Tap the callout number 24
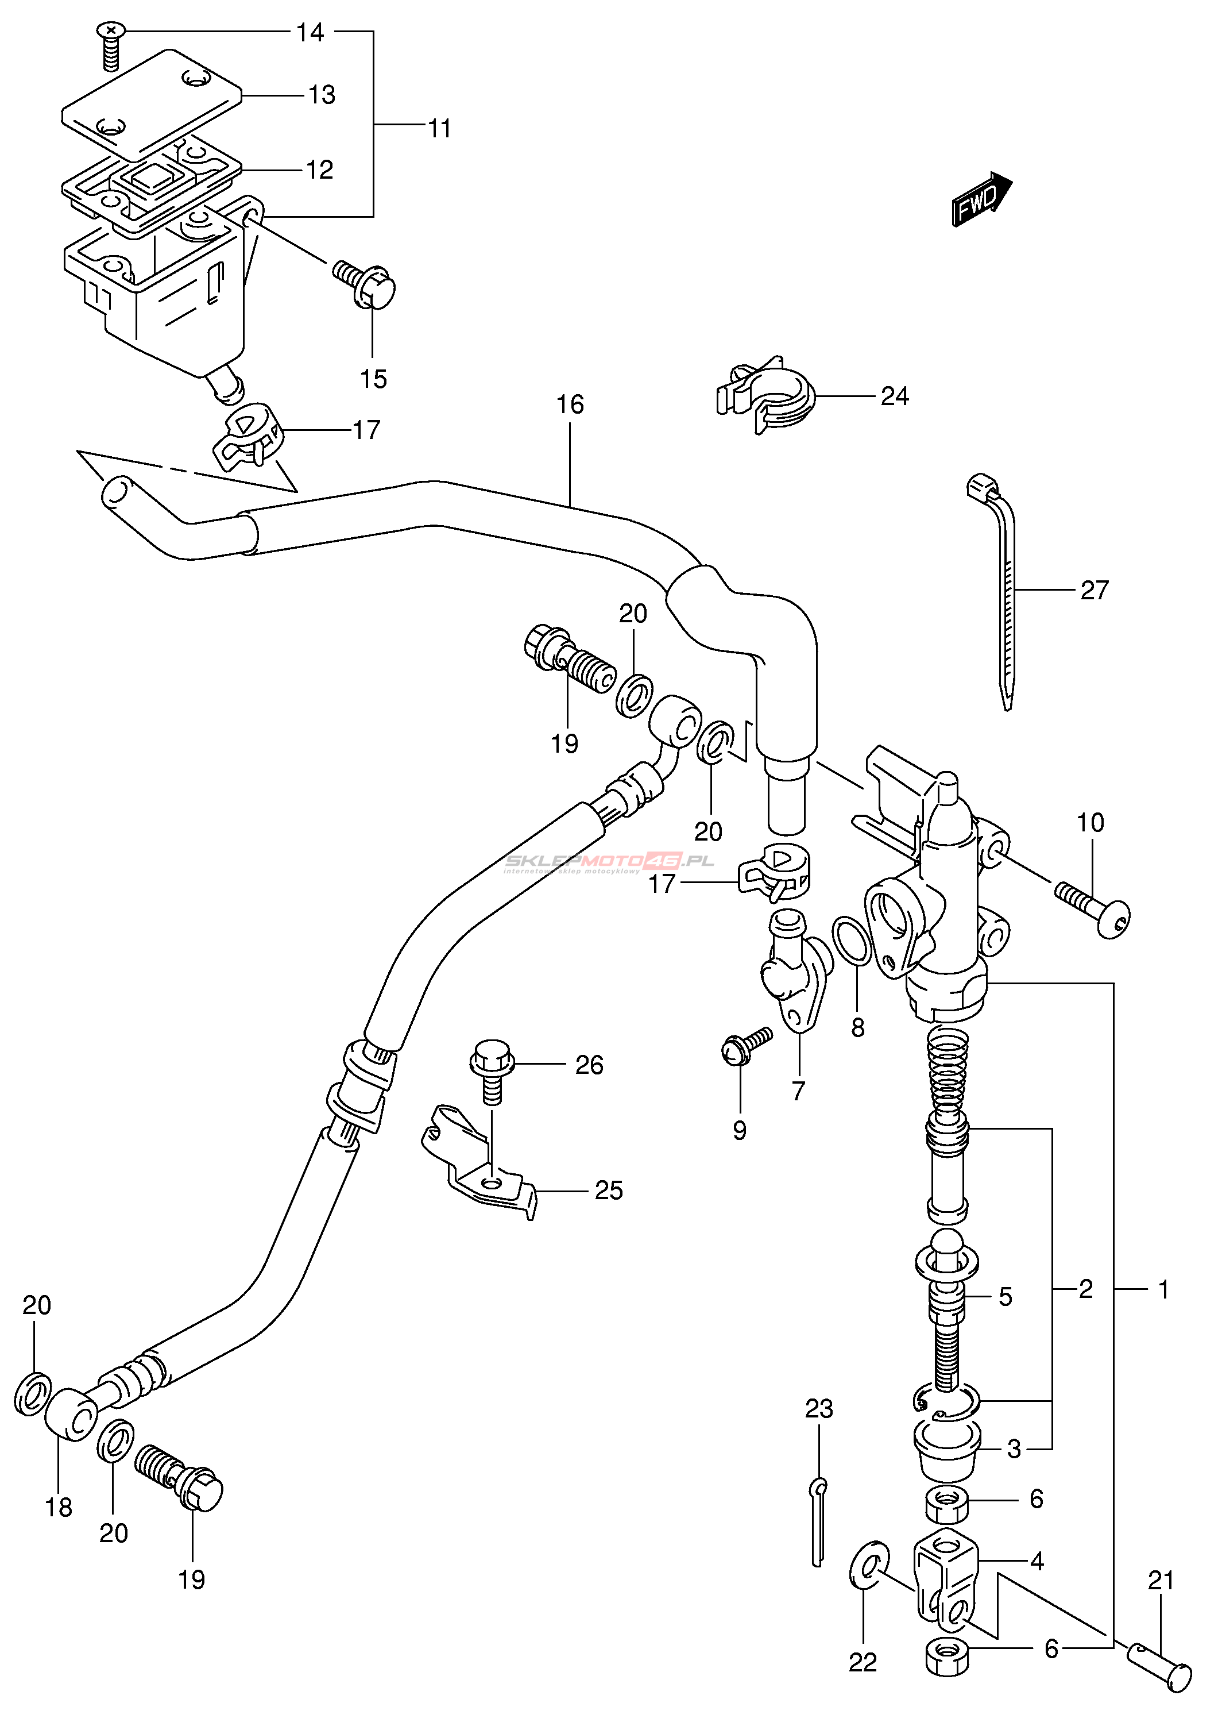click(895, 396)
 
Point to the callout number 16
click(570, 405)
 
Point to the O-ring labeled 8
click(852, 941)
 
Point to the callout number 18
click(59, 1508)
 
